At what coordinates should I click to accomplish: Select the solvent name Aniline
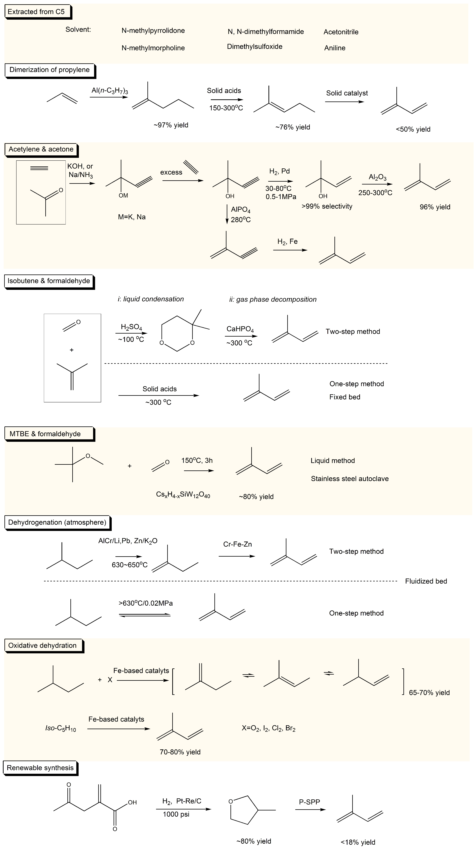(x=335, y=48)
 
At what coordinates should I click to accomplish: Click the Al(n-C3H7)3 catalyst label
(x=110, y=91)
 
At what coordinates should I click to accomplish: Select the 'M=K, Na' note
(x=132, y=217)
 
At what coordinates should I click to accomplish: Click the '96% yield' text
(x=435, y=207)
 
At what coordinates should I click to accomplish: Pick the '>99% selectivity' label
(x=327, y=206)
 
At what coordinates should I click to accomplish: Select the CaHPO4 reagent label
(x=240, y=329)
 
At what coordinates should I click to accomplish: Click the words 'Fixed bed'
(x=345, y=397)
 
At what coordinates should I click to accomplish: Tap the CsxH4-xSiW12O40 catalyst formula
(x=183, y=495)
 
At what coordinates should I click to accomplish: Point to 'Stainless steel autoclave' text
(x=350, y=479)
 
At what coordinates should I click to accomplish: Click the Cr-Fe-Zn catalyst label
(x=237, y=544)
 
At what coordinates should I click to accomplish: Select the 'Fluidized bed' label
(x=426, y=581)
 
